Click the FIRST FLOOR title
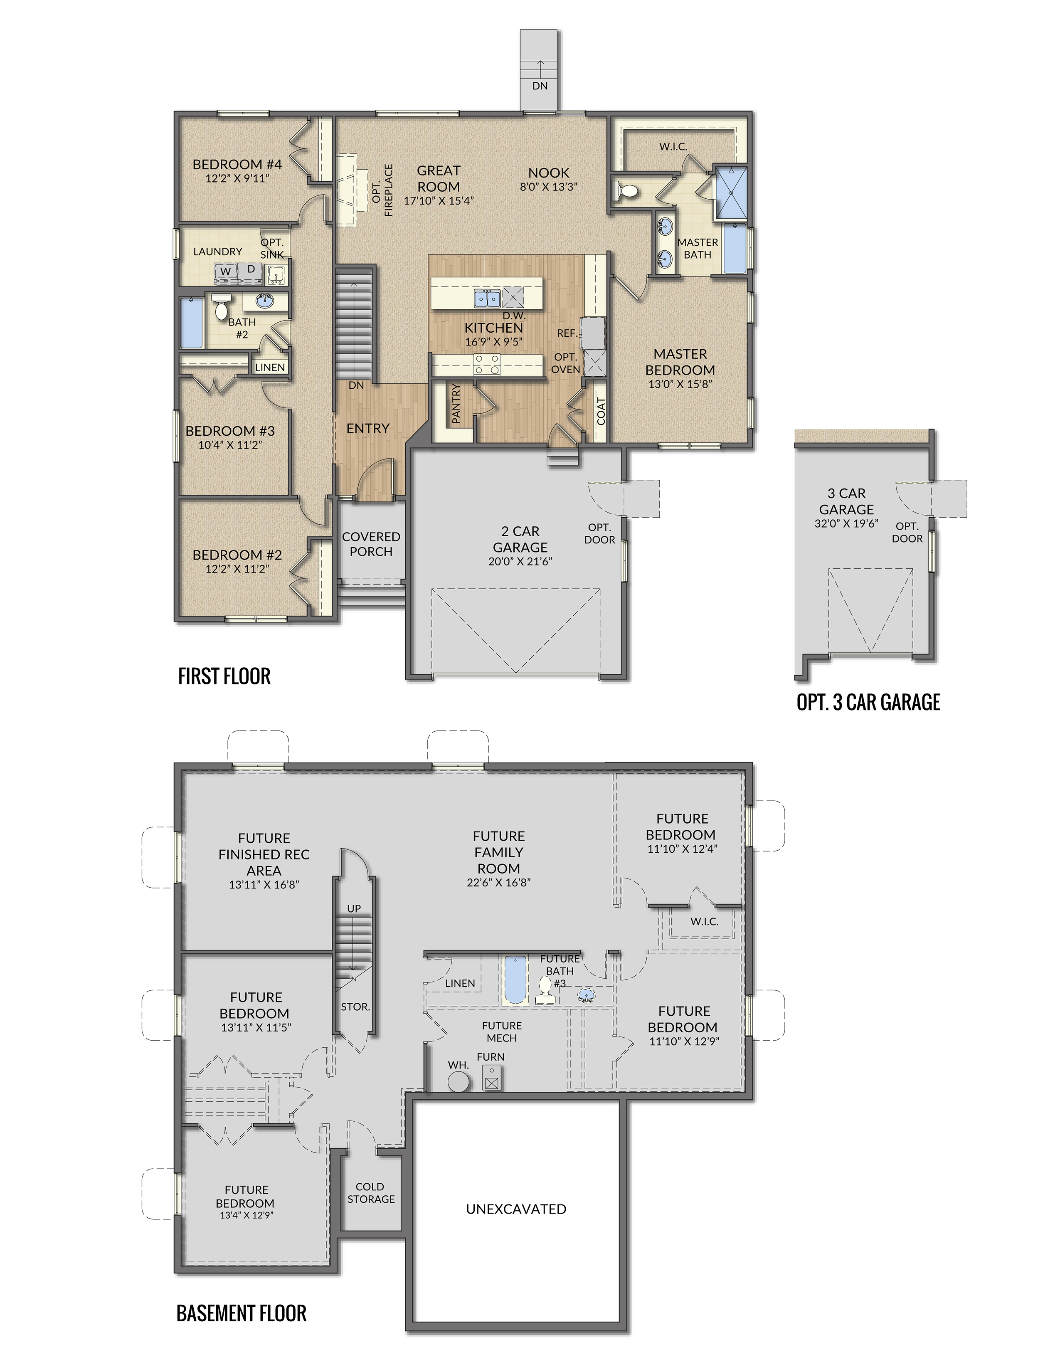[x=224, y=676]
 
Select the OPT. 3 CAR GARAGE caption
[x=868, y=702]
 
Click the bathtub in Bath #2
[x=191, y=323]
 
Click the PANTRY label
[x=456, y=403]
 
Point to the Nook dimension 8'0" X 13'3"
[x=548, y=187]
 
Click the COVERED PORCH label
[x=371, y=544]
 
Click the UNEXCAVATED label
[x=516, y=1209]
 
